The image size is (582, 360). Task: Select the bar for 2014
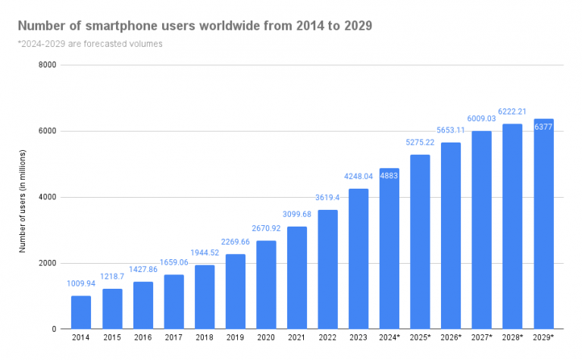pyautogui.click(x=81, y=312)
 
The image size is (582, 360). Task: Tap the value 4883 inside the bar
pyautogui.click(x=390, y=176)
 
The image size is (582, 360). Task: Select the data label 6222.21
pyautogui.click(x=512, y=111)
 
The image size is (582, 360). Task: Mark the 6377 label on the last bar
pyautogui.click(x=543, y=127)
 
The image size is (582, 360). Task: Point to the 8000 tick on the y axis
pyautogui.click(x=47, y=65)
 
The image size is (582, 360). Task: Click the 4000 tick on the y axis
pyautogui.click(x=47, y=197)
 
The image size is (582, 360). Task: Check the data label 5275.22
pyautogui.click(x=420, y=142)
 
